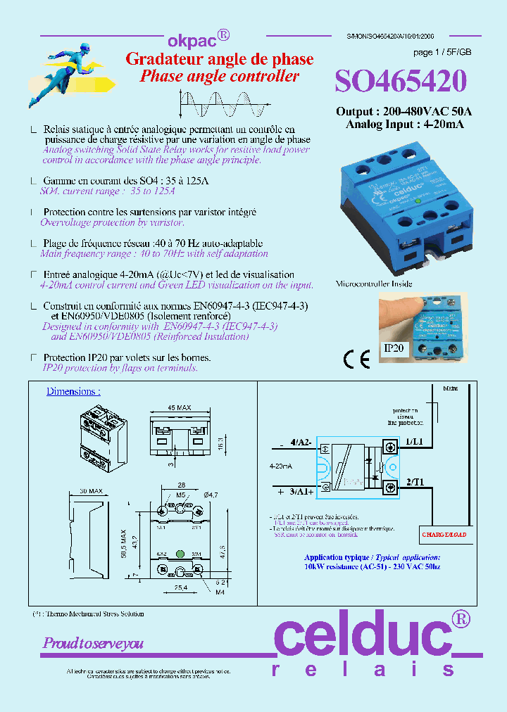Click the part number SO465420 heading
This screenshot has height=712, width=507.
[400, 82]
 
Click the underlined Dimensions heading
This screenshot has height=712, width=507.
[73, 391]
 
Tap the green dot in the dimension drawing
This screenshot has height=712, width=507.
[180, 554]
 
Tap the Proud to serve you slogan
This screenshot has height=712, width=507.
[93, 643]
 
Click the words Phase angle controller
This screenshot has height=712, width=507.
[219, 77]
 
